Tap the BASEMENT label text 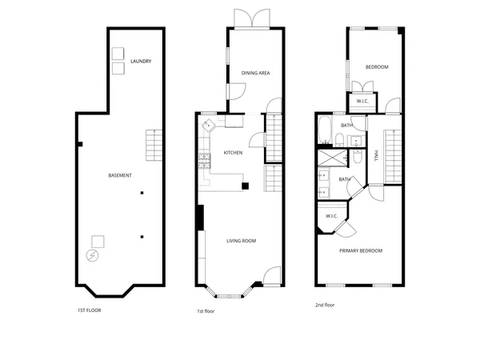[120, 175]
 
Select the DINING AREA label [256, 73]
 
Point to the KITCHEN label [233, 153]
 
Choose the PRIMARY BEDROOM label [360, 251]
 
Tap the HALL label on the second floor [376, 156]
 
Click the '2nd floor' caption [326, 305]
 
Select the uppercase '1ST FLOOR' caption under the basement [89, 310]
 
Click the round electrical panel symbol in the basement [92, 256]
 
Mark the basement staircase [154, 145]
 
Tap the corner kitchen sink [207, 125]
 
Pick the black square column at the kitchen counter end [246, 186]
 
